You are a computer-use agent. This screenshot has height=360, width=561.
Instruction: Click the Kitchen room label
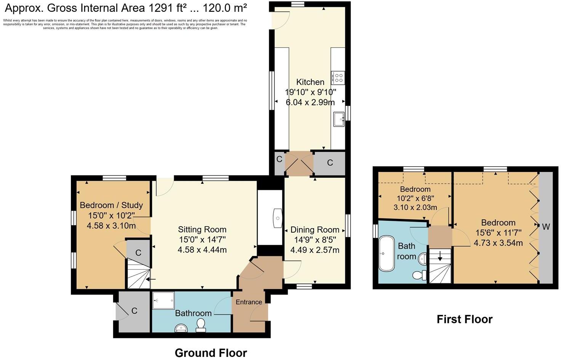[310, 82]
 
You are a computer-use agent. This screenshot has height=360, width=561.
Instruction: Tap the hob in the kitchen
[338, 78]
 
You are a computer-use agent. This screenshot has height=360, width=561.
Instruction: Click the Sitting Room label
[202, 230]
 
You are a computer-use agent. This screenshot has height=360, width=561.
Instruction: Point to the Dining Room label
[315, 230]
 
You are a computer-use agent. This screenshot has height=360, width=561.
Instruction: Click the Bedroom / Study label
[111, 205]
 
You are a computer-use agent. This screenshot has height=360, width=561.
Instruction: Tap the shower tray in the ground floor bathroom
[163, 301]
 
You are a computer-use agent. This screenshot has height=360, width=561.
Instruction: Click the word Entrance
[249, 302]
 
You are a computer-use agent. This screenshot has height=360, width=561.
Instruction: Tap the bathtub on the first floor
[386, 254]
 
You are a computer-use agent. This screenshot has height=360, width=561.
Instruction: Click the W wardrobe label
[546, 227]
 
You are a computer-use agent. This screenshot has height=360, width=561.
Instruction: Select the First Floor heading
[464, 319]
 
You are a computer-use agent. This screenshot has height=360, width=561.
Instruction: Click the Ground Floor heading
[211, 353]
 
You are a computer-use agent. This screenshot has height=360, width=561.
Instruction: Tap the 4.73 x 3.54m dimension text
[498, 243]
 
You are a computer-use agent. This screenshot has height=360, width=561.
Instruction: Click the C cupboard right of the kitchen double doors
[330, 163]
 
